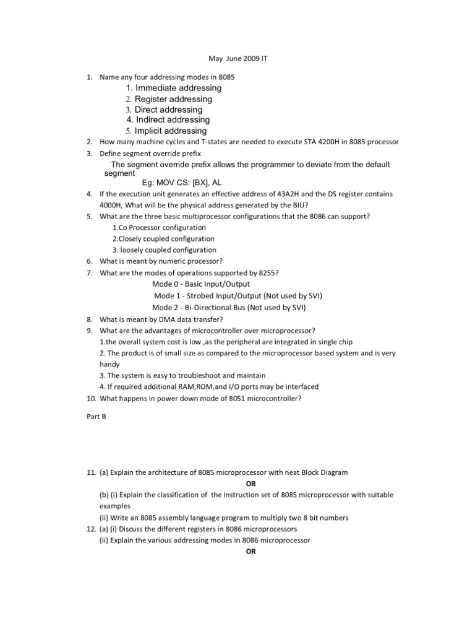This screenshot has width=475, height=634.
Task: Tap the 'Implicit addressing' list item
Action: [x=171, y=131]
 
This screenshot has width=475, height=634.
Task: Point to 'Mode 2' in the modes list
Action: [x=163, y=307]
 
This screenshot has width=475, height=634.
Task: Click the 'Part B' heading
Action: [x=96, y=417]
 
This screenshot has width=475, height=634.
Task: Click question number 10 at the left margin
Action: [x=90, y=398]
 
